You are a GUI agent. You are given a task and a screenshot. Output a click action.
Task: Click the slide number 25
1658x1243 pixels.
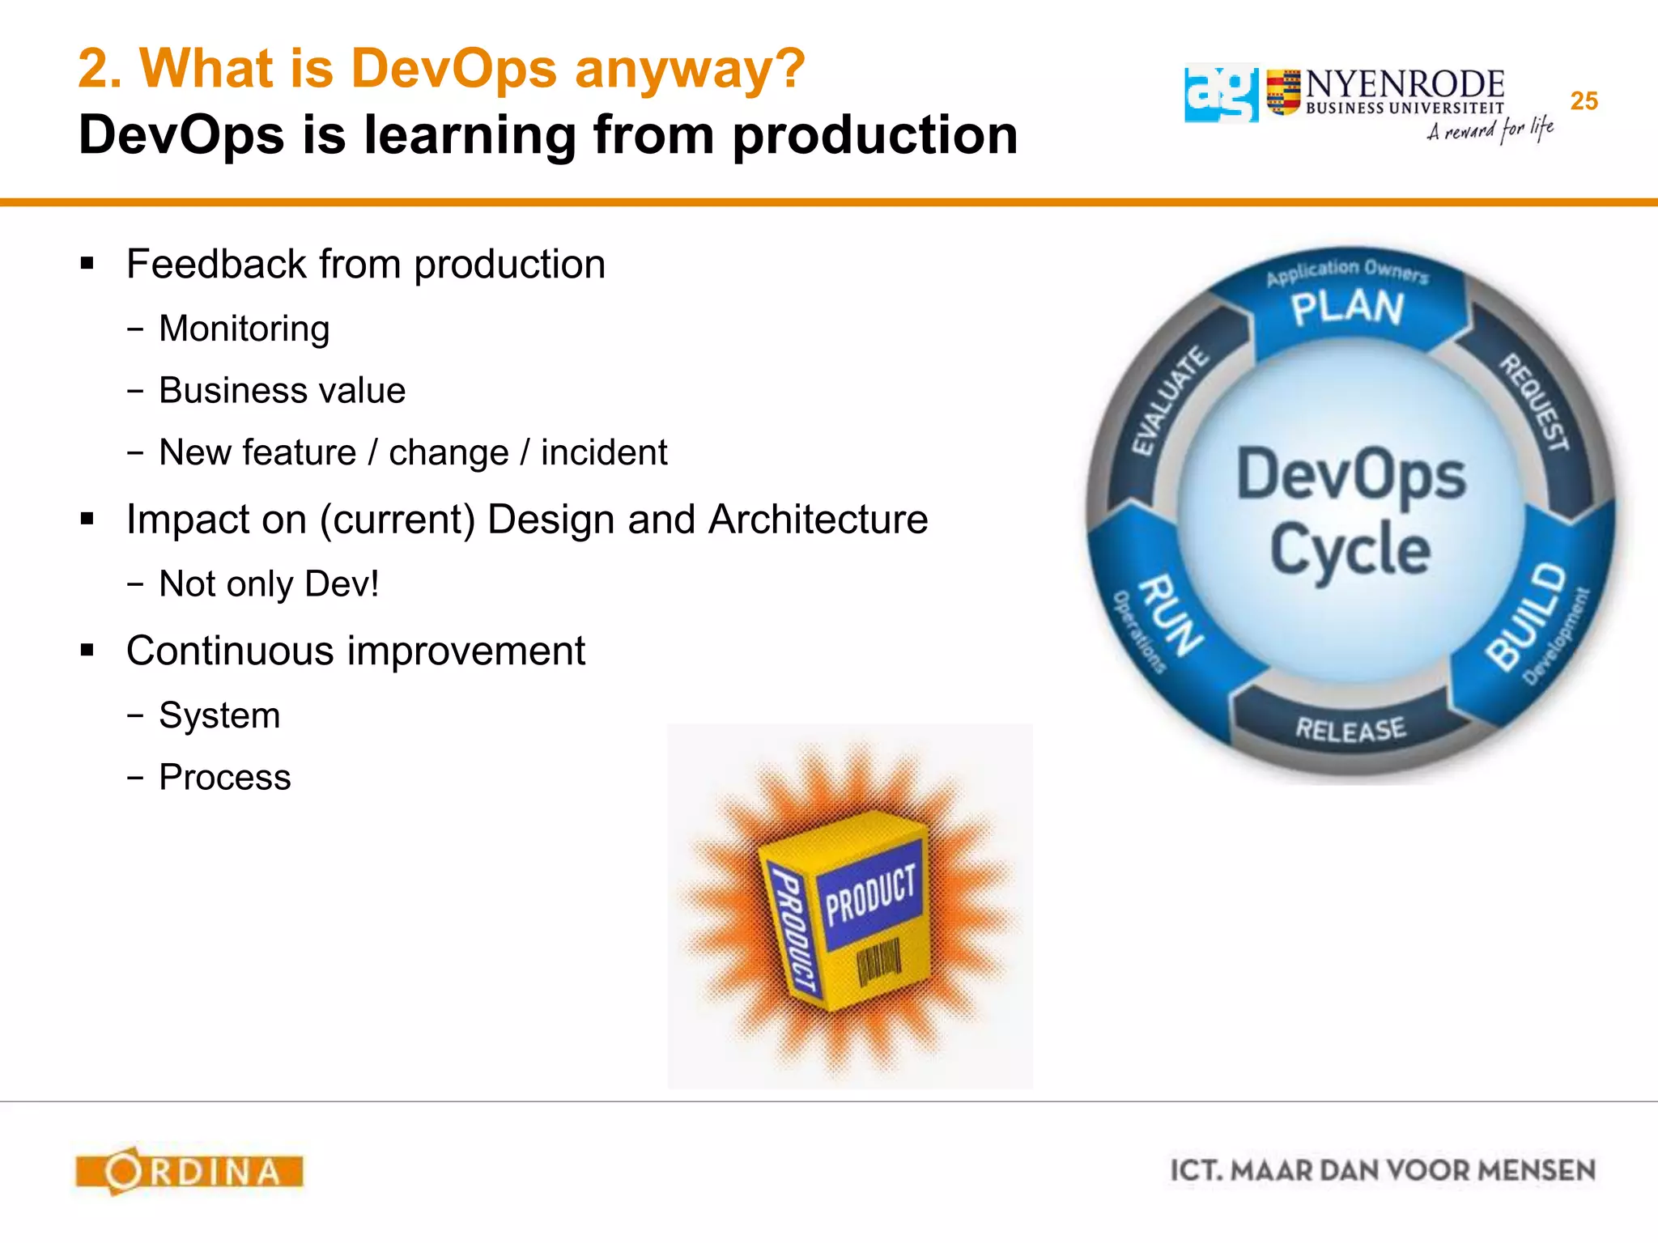1584,101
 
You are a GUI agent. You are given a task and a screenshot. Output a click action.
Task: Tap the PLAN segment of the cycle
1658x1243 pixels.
1347,308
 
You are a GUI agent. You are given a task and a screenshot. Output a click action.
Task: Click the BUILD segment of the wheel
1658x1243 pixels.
1528,617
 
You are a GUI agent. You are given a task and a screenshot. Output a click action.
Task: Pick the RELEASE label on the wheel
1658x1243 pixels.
1350,729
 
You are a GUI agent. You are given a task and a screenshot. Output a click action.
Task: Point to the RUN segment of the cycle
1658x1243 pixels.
1169,615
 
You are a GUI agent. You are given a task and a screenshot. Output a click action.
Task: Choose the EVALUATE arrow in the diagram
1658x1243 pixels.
1169,402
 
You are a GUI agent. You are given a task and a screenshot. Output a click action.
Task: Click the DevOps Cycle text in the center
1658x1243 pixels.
1350,512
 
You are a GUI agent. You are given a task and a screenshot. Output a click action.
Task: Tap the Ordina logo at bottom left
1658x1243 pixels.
189,1171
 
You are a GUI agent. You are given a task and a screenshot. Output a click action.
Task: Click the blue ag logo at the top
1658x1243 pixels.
1221,94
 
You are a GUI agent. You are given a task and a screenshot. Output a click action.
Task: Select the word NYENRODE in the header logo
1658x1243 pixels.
1405,84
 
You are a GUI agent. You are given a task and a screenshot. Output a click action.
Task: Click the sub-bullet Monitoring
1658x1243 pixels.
244,329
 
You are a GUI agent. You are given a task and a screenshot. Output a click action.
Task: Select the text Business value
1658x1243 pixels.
282,390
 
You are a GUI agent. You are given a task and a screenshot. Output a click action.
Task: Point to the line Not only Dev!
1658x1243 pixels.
269,583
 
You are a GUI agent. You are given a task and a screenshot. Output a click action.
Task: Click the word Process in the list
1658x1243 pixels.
224,777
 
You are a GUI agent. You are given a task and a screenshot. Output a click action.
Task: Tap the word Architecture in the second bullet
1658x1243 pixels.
818,520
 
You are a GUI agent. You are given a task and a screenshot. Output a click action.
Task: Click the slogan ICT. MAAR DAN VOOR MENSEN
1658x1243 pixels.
1382,1171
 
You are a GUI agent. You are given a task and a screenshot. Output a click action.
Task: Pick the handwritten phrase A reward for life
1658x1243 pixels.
1490,129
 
